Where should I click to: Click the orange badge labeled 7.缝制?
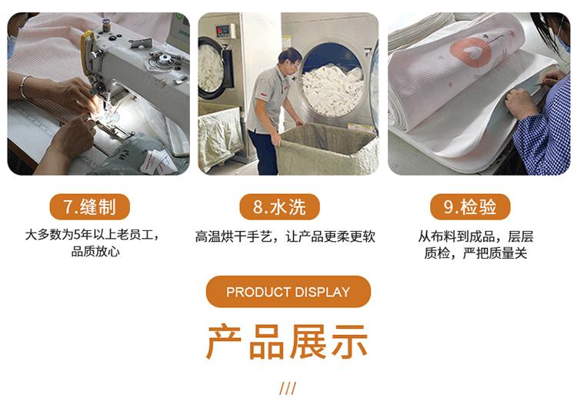click(90, 207)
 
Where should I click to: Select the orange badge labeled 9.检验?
click(470, 207)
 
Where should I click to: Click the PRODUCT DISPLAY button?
click(288, 292)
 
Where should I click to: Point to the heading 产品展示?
click(288, 343)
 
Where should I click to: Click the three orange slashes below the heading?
click(288, 388)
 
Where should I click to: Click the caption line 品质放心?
click(95, 252)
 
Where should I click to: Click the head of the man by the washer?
click(289, 59)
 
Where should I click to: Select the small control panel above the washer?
click(222, 30)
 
